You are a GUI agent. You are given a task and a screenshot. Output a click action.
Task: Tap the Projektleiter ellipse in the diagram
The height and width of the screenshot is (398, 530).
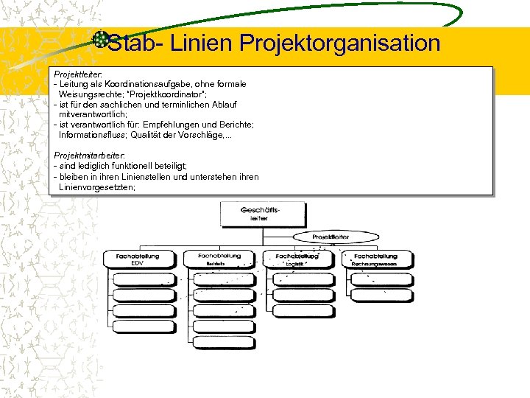tap(331, 237)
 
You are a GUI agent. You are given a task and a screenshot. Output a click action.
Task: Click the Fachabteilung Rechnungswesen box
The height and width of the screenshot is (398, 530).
tap(375, 259)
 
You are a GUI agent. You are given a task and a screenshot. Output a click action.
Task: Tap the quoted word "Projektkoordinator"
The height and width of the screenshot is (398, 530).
tap(168, 94)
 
